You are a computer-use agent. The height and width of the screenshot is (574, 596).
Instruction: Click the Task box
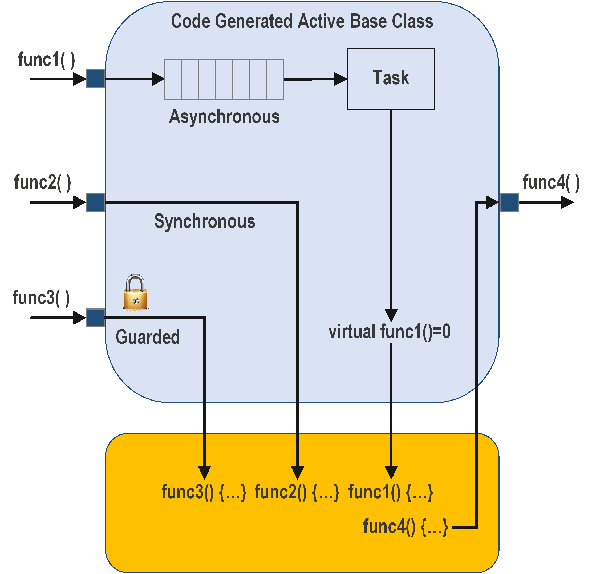[x=391, y=79]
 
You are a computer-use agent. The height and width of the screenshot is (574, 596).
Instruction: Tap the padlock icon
[x=135, y=292]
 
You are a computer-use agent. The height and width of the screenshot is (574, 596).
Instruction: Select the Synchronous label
[x=205, y=221]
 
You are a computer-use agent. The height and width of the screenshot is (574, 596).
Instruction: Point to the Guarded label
[x=148, y=337]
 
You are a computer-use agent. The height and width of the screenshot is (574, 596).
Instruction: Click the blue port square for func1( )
[x=95, y=79]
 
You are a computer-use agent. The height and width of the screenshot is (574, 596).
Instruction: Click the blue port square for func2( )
[x=95, y=202]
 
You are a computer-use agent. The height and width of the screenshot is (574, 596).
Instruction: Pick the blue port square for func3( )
[x=95, y=318]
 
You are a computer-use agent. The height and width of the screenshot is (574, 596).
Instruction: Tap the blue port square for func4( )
[x=509, y=202]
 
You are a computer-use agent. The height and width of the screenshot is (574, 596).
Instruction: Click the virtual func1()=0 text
[x=389, y=331]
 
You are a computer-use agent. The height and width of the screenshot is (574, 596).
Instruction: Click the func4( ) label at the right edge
[x=551, y=183]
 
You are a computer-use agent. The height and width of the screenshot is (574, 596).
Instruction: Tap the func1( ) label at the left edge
[x=47, y=60]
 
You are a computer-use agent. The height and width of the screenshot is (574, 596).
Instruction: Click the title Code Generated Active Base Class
[x=302, y=21]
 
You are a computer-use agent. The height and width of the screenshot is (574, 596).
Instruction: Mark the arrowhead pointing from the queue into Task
[x=340, y=79]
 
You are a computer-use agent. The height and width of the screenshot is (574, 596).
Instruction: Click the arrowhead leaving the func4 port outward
[x=567, y=202]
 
